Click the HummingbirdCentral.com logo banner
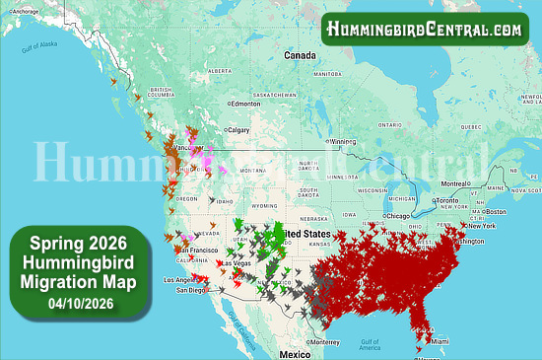(x=424, y=30)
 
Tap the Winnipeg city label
(x=342, y=141)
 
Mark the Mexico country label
(x=294, y=353)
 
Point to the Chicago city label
(x=397, y=215)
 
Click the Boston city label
(x=496, y=211)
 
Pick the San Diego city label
(x=190, y=290)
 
